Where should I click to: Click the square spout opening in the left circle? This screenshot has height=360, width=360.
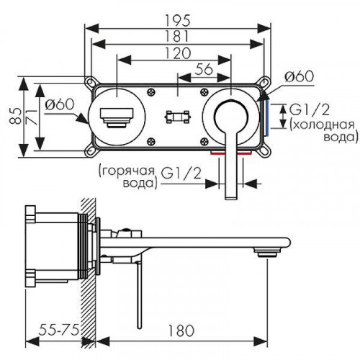tap(114, 114)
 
